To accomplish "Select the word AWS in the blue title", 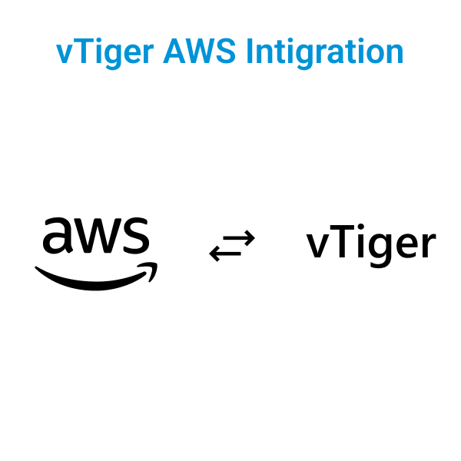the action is click(x=199, y=51).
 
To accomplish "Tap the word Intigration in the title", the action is click(x=325, y=53).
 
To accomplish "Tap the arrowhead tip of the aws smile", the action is click(x=157, y=264).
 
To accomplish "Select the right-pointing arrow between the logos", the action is click(x=239, y=238).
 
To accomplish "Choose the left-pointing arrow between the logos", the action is click(x=225, y=253).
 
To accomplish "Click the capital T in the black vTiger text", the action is click(x=342, y=240).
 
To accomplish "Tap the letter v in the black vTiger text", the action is click(x=318, y=244).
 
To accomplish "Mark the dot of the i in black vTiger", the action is click(x=361, y=227).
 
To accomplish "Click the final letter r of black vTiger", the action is click(x=429, y=244).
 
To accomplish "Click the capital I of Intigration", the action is click(x=250, y=51).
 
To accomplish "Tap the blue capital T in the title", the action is click(x=79, y=51).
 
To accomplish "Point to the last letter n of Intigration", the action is click(x=395, y=54).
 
